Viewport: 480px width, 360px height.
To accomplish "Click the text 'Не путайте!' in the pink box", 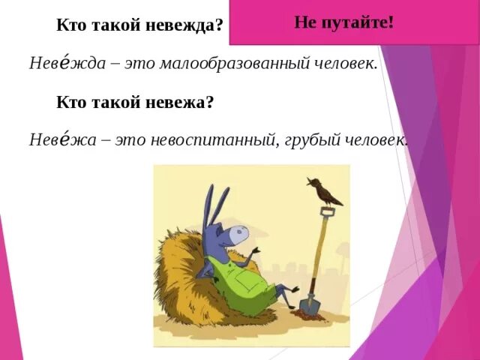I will coord(344,22).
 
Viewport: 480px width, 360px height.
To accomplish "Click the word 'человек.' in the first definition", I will coord(346,64).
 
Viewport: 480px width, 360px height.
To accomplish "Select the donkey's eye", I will coord(233,229).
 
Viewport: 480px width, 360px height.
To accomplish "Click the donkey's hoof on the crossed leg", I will coord(295,289).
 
